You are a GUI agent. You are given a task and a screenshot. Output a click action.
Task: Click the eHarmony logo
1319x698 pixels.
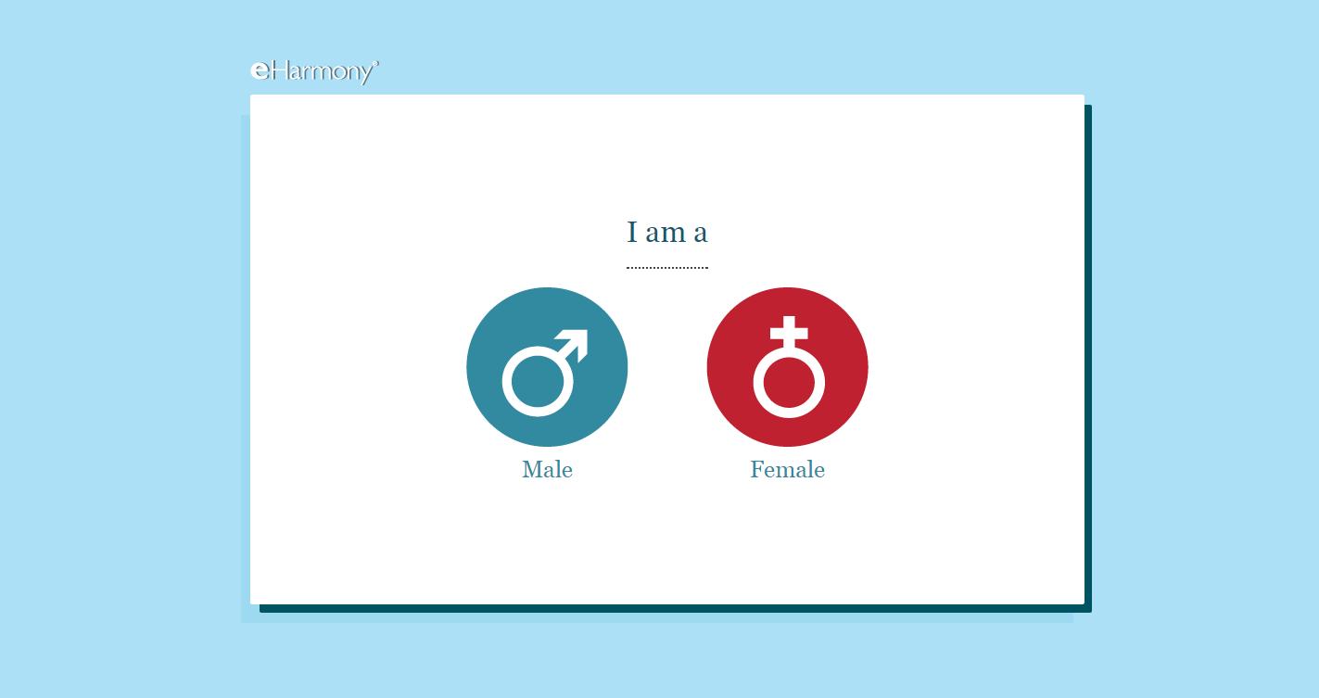pyautogui.click(x=314, y=72)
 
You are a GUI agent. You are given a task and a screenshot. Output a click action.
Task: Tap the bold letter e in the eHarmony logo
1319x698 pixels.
pyautogui.click(x=260, y=70)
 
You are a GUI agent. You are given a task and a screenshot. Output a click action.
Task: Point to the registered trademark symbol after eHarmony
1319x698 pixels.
pyautogui.click(x=376, y=62)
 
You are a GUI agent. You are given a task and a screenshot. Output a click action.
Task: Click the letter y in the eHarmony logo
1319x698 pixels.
pyautogui.click(x=366, y=75)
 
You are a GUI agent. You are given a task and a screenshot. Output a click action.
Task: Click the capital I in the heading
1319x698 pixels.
pyautogui.click(x=632, y=232)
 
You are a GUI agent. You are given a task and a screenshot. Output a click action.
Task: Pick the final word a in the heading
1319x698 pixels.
pyautogui.click(x=700, y=234)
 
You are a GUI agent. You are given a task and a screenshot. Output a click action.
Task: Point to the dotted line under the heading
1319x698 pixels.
pyautogui.click(x=667, y=267)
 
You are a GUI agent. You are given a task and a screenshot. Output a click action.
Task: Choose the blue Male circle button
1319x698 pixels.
pyautogui.click(x=547, y=367)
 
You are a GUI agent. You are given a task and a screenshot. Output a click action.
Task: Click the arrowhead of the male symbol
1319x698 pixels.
pyautogui.click(x=576, y=341)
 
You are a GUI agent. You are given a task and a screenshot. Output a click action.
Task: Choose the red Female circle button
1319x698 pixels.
pyautogui.click(x=787, y=367)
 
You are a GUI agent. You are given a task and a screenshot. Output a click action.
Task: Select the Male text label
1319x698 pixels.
pyautogui.click(x=547, y=469)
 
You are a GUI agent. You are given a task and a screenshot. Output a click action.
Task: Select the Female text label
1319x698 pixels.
pyautogui.click(x=787, y=469)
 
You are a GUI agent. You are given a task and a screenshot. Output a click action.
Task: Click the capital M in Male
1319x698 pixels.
pyautogui.click(x=532, y=469)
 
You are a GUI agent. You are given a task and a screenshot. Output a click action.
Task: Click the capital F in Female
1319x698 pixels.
pyautogui.click(x=757, y=469)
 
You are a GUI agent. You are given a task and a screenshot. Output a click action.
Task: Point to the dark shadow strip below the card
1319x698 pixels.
pyautogui.click(x=676, y=608)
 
